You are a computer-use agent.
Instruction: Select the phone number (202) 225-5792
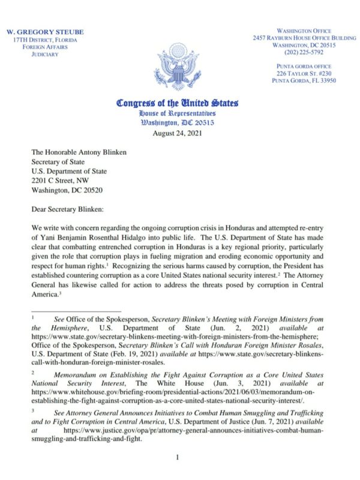tap(304, 52)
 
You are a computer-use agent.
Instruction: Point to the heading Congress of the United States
tap(178, 103)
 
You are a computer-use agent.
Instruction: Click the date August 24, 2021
tap(178, 133)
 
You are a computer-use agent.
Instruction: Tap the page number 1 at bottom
tap(178, 457)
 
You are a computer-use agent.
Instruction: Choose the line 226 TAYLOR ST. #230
tap(304, 73)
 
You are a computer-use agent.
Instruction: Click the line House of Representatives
tap(177, 113)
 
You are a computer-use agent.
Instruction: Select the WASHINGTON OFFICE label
tap(304, 31)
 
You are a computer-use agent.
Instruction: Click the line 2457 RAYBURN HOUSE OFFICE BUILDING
tap(304, 38)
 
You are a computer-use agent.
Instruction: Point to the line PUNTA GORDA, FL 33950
tap(304, 80)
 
